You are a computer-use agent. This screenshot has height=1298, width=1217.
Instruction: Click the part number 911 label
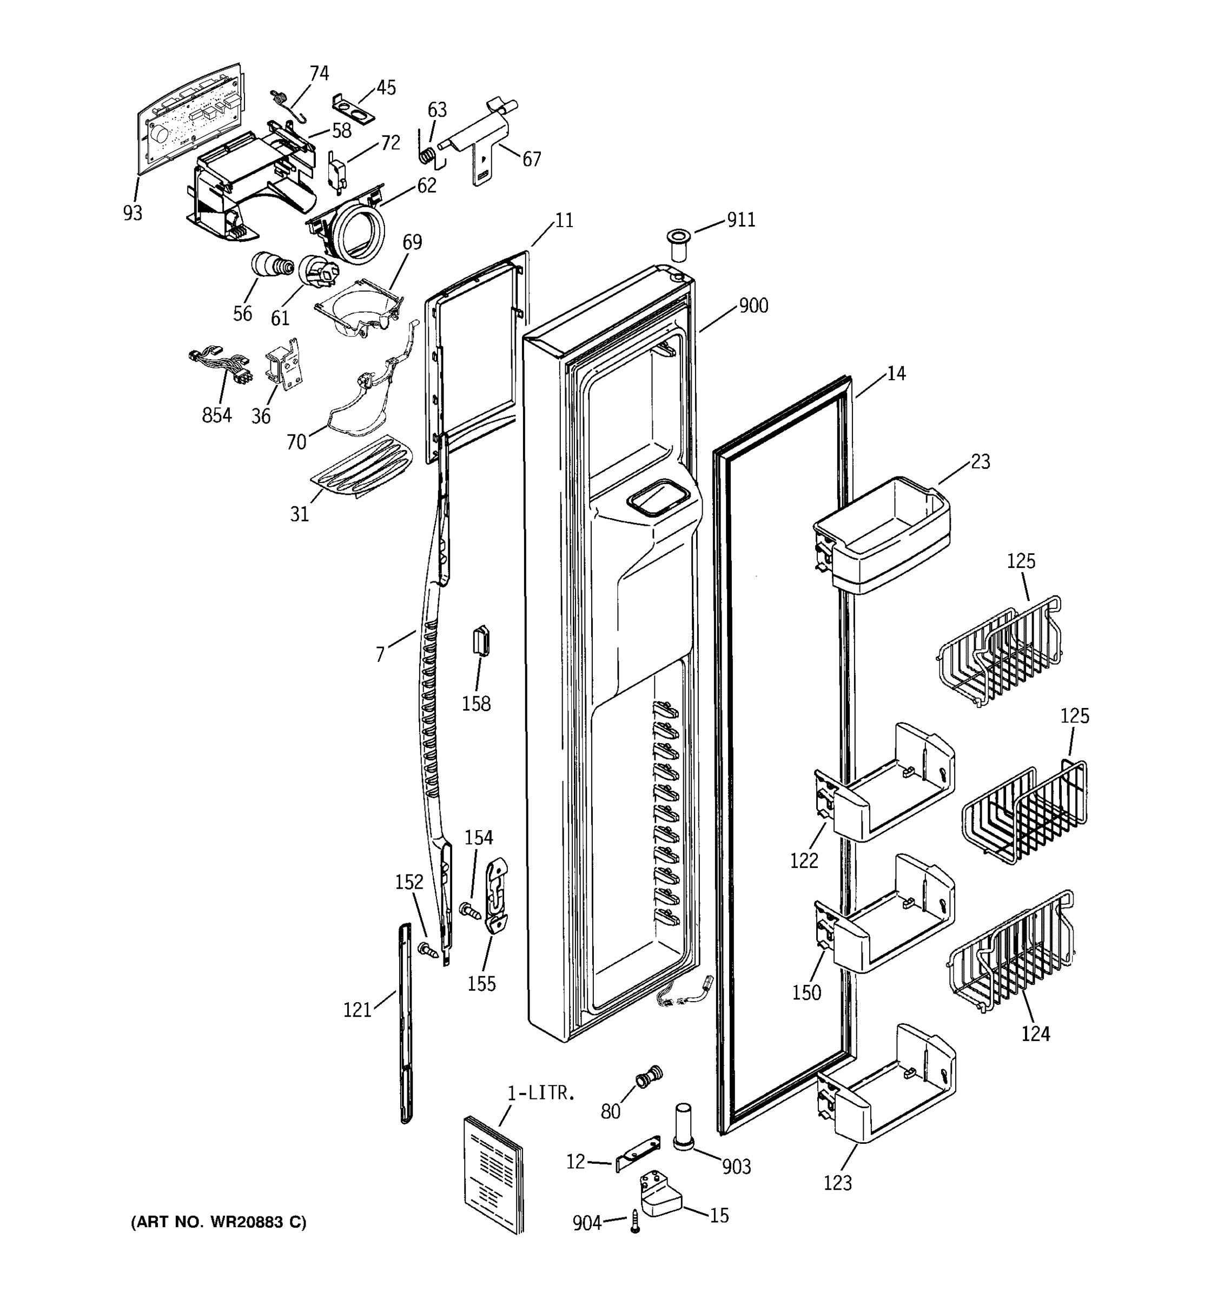[741, 220]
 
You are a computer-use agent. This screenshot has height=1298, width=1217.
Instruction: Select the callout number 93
[133, 213]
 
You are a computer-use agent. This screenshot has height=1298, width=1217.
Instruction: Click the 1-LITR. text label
[541, 1093]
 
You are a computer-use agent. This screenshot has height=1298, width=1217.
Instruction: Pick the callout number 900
[753, 306]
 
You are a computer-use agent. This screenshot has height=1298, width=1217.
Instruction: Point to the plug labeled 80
[649, 1075]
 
